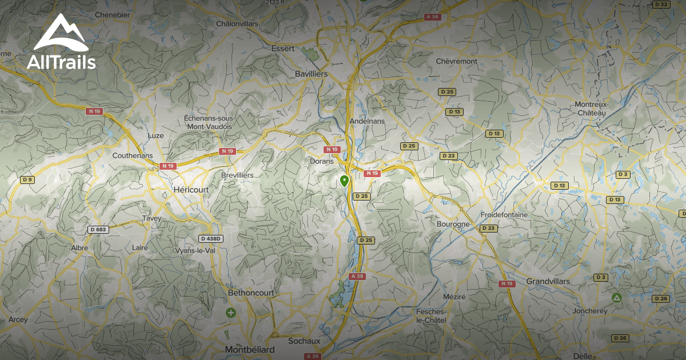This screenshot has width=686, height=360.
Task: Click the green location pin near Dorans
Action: click(344, 181)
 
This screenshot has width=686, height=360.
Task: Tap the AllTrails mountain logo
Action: click(61, 35)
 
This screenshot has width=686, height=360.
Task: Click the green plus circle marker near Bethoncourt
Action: click(230, 313)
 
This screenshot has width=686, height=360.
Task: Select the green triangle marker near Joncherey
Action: click(616, 298)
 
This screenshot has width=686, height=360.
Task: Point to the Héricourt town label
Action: click(191, 189)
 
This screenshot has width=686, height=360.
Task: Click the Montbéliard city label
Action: click(250, 349)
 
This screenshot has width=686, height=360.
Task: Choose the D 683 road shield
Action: click(98, 230)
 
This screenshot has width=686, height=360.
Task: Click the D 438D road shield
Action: click(210, 238)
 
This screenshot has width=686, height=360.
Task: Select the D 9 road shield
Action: click(27, 180)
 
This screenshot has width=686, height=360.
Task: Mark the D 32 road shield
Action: click(661, 4)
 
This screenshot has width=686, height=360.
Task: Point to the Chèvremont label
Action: click(456, 61)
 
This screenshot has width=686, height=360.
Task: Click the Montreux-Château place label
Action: click(591, 109)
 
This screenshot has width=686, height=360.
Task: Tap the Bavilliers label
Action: click(311, 74)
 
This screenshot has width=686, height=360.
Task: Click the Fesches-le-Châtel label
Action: click(431, 315)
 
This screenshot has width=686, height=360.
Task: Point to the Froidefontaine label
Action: click(504, 214)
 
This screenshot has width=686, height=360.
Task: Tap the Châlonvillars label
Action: click(237, 23)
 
